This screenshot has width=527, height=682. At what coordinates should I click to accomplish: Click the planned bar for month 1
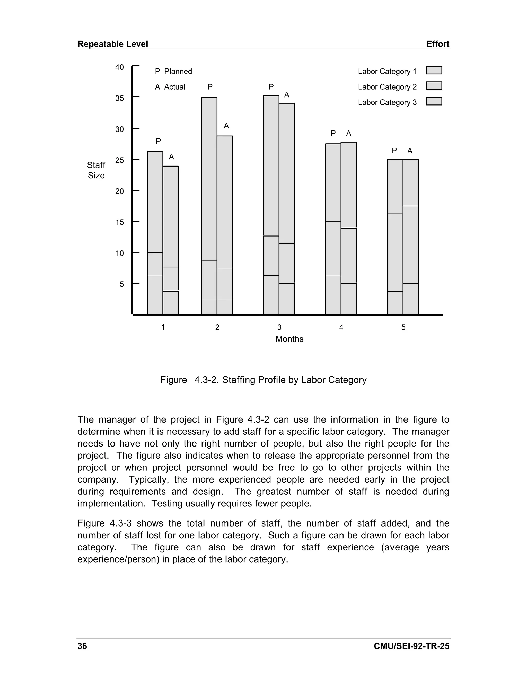(x=155, y=233)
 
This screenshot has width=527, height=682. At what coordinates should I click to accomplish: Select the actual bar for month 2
(x=225, y=225)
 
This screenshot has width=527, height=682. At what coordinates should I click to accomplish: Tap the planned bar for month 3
(x=271, y=205)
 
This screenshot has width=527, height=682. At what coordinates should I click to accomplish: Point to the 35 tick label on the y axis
(x=120, y=98)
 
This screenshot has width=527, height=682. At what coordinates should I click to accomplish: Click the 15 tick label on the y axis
(x=120, y=222)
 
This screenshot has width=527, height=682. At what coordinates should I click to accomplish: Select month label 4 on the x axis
(x=341, y=327)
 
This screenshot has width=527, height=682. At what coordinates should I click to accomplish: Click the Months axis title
(x=289, y=339)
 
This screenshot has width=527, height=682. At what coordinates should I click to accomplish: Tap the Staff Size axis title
(x=96, y=170)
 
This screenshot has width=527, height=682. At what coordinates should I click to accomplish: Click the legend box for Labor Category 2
(x=434, y=86)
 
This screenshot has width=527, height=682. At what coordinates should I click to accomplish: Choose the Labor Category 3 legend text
(x=387, y=102)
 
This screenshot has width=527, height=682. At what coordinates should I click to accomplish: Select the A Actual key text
(x=170, y=87)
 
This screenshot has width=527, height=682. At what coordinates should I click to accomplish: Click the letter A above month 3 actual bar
(x=287, y=95)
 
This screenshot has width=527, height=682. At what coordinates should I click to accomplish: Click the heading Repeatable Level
(x=113, y=44)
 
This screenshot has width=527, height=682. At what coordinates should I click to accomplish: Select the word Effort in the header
(x=438, y=44)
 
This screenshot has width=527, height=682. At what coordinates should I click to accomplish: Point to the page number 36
(x=82, y=646)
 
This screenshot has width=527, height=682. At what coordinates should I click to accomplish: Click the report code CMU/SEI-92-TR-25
(x=411, y=646)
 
